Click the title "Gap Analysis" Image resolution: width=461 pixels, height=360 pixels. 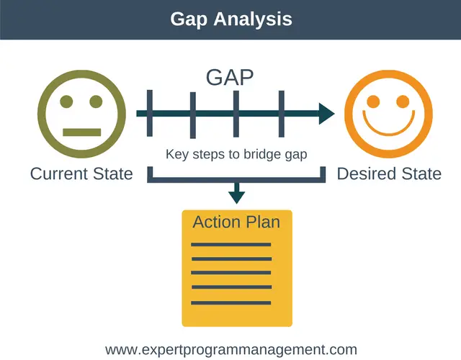click(x=230, y=19)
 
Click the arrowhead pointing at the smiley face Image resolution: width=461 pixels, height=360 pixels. click(x=326, y=114)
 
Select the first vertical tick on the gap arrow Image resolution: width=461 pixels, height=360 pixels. click(x=149, y=113)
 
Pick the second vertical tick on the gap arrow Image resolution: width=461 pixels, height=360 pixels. click(x=192, y=114)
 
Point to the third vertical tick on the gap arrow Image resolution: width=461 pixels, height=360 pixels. click(x=236, y=113)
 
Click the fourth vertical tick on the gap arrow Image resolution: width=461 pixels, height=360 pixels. click(x=281, y=113)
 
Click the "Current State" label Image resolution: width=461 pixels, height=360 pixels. click(x=81, y=174)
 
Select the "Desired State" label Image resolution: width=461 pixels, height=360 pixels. click(x=389, y=174)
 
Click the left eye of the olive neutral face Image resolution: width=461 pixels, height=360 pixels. click(x=66, y=102)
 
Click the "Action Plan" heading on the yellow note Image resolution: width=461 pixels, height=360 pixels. click(x=236, y=222)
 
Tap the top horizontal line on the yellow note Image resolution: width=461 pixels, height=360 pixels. click(x=230, y=245)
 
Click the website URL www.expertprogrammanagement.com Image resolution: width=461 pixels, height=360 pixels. click(x=230, y=350)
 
